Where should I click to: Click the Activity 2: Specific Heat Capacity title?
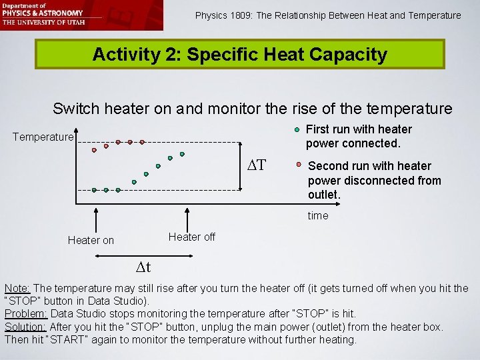pos(239,55)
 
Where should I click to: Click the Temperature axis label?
pos(43,137)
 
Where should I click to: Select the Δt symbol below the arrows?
pos(143,268)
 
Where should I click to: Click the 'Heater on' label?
pos(91,241)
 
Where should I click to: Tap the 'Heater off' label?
pos(192,237)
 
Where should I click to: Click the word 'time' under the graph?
pos(318,216)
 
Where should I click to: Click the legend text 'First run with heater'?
pos(359,129)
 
